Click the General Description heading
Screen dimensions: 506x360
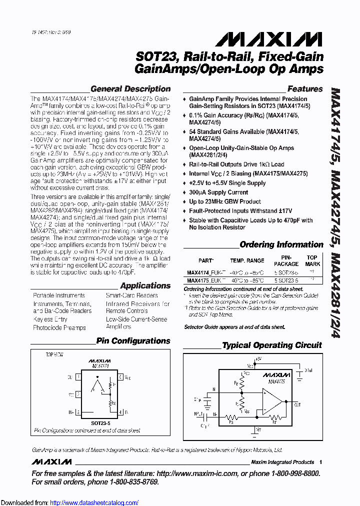[x=130, y=89]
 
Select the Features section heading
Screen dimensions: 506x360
[x=305, y=89]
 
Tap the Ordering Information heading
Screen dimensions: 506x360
[x=281, y=244]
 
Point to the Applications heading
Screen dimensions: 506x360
[x=145, y=285]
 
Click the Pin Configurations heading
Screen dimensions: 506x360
[x=133, y=341]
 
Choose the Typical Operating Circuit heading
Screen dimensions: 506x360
[x=272, y=345]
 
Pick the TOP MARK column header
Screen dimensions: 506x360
[x=312, y=261]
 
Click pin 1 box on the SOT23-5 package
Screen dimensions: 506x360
[x=77, y=376]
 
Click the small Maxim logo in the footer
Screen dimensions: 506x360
[x=51, y=461]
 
